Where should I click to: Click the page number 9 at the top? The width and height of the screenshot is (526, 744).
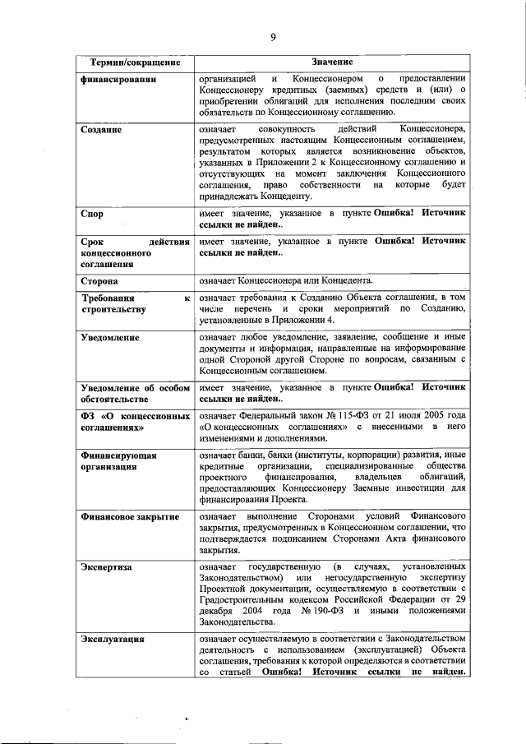point(272,36)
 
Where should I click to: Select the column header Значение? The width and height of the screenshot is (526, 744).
point(332,62)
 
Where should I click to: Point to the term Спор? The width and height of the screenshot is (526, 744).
point(92,213)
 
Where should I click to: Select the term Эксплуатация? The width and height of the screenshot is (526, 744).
point(113,638)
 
